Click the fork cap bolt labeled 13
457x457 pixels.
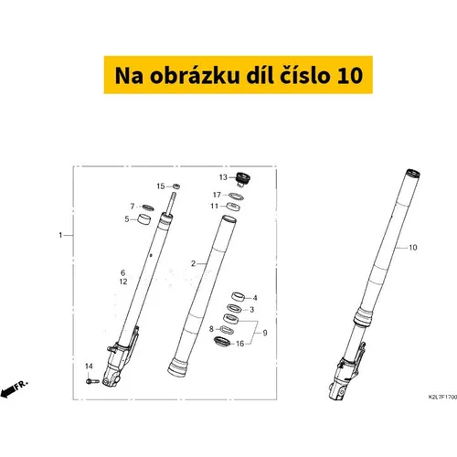click(x=243, y=179)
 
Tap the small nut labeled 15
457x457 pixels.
click(x=176, y=186)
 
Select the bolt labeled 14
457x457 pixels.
click(x=92, y=381)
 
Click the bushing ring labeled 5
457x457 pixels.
click(x=144, y=219)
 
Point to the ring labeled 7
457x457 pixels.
click(x=148, y=207)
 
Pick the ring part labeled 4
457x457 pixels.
click(x=239, y=296)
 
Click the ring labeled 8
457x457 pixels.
click(x=226, y=330)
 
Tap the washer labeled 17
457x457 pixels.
click(x=236, y=197)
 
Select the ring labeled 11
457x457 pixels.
click(x=233, y=207)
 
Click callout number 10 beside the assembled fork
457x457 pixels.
click(x=413, y=248)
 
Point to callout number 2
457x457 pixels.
click(x=193, y=263)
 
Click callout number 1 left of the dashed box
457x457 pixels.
click(x=60, y=235)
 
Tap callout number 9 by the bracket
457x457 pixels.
click(x=265, y=333)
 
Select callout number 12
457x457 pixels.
click(x=123, y=282)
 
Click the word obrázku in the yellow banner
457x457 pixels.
click(x=195, y=76)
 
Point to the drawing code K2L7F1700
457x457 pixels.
click(x=442, y=397)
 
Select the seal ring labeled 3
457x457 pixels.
click(x=235, y=308)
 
